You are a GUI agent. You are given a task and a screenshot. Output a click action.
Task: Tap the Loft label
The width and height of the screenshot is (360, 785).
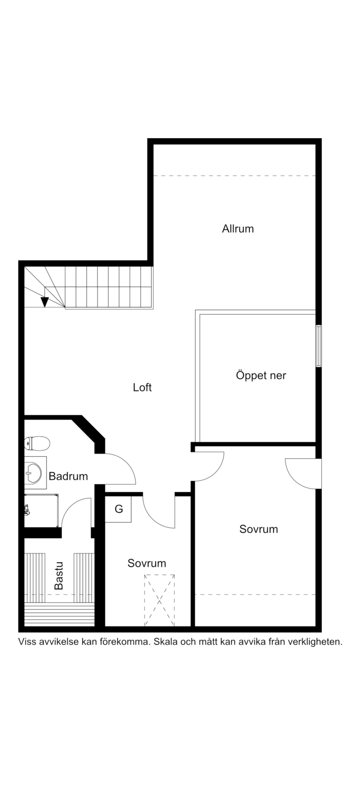(142, 387)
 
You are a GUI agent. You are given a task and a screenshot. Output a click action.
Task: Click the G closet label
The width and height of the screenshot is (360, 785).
(119, 509)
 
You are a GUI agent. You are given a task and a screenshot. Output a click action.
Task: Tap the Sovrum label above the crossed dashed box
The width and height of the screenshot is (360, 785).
(147, 563)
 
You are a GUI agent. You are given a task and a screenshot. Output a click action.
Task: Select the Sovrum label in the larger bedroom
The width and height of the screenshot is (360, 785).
(259, 529)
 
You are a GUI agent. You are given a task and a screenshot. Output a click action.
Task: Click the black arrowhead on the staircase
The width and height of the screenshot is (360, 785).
(45, 302)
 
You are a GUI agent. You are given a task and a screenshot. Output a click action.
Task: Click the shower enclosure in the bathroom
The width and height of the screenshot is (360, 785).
(41, 511)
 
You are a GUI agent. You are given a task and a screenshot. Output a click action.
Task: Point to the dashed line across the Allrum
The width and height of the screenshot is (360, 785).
(234, 176)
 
